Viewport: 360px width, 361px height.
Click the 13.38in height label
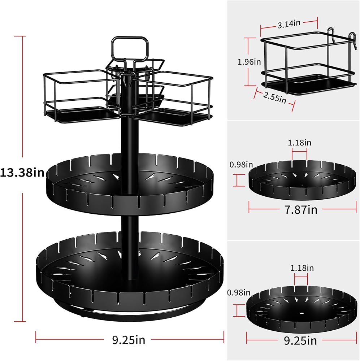point(22,173)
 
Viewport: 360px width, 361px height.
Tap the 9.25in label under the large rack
point(129,340)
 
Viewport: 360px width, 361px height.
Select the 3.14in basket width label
point(289,24)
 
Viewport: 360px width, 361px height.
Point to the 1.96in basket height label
point(249,62)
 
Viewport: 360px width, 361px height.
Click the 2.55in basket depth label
point(275,97)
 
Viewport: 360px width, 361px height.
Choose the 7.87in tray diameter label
point(301,210)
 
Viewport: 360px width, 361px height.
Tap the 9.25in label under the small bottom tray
point(300,340)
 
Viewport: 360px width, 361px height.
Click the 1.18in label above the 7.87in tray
point(299,143)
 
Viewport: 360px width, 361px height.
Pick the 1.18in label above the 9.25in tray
point(302,268)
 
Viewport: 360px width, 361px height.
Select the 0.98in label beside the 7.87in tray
point(241,165)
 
